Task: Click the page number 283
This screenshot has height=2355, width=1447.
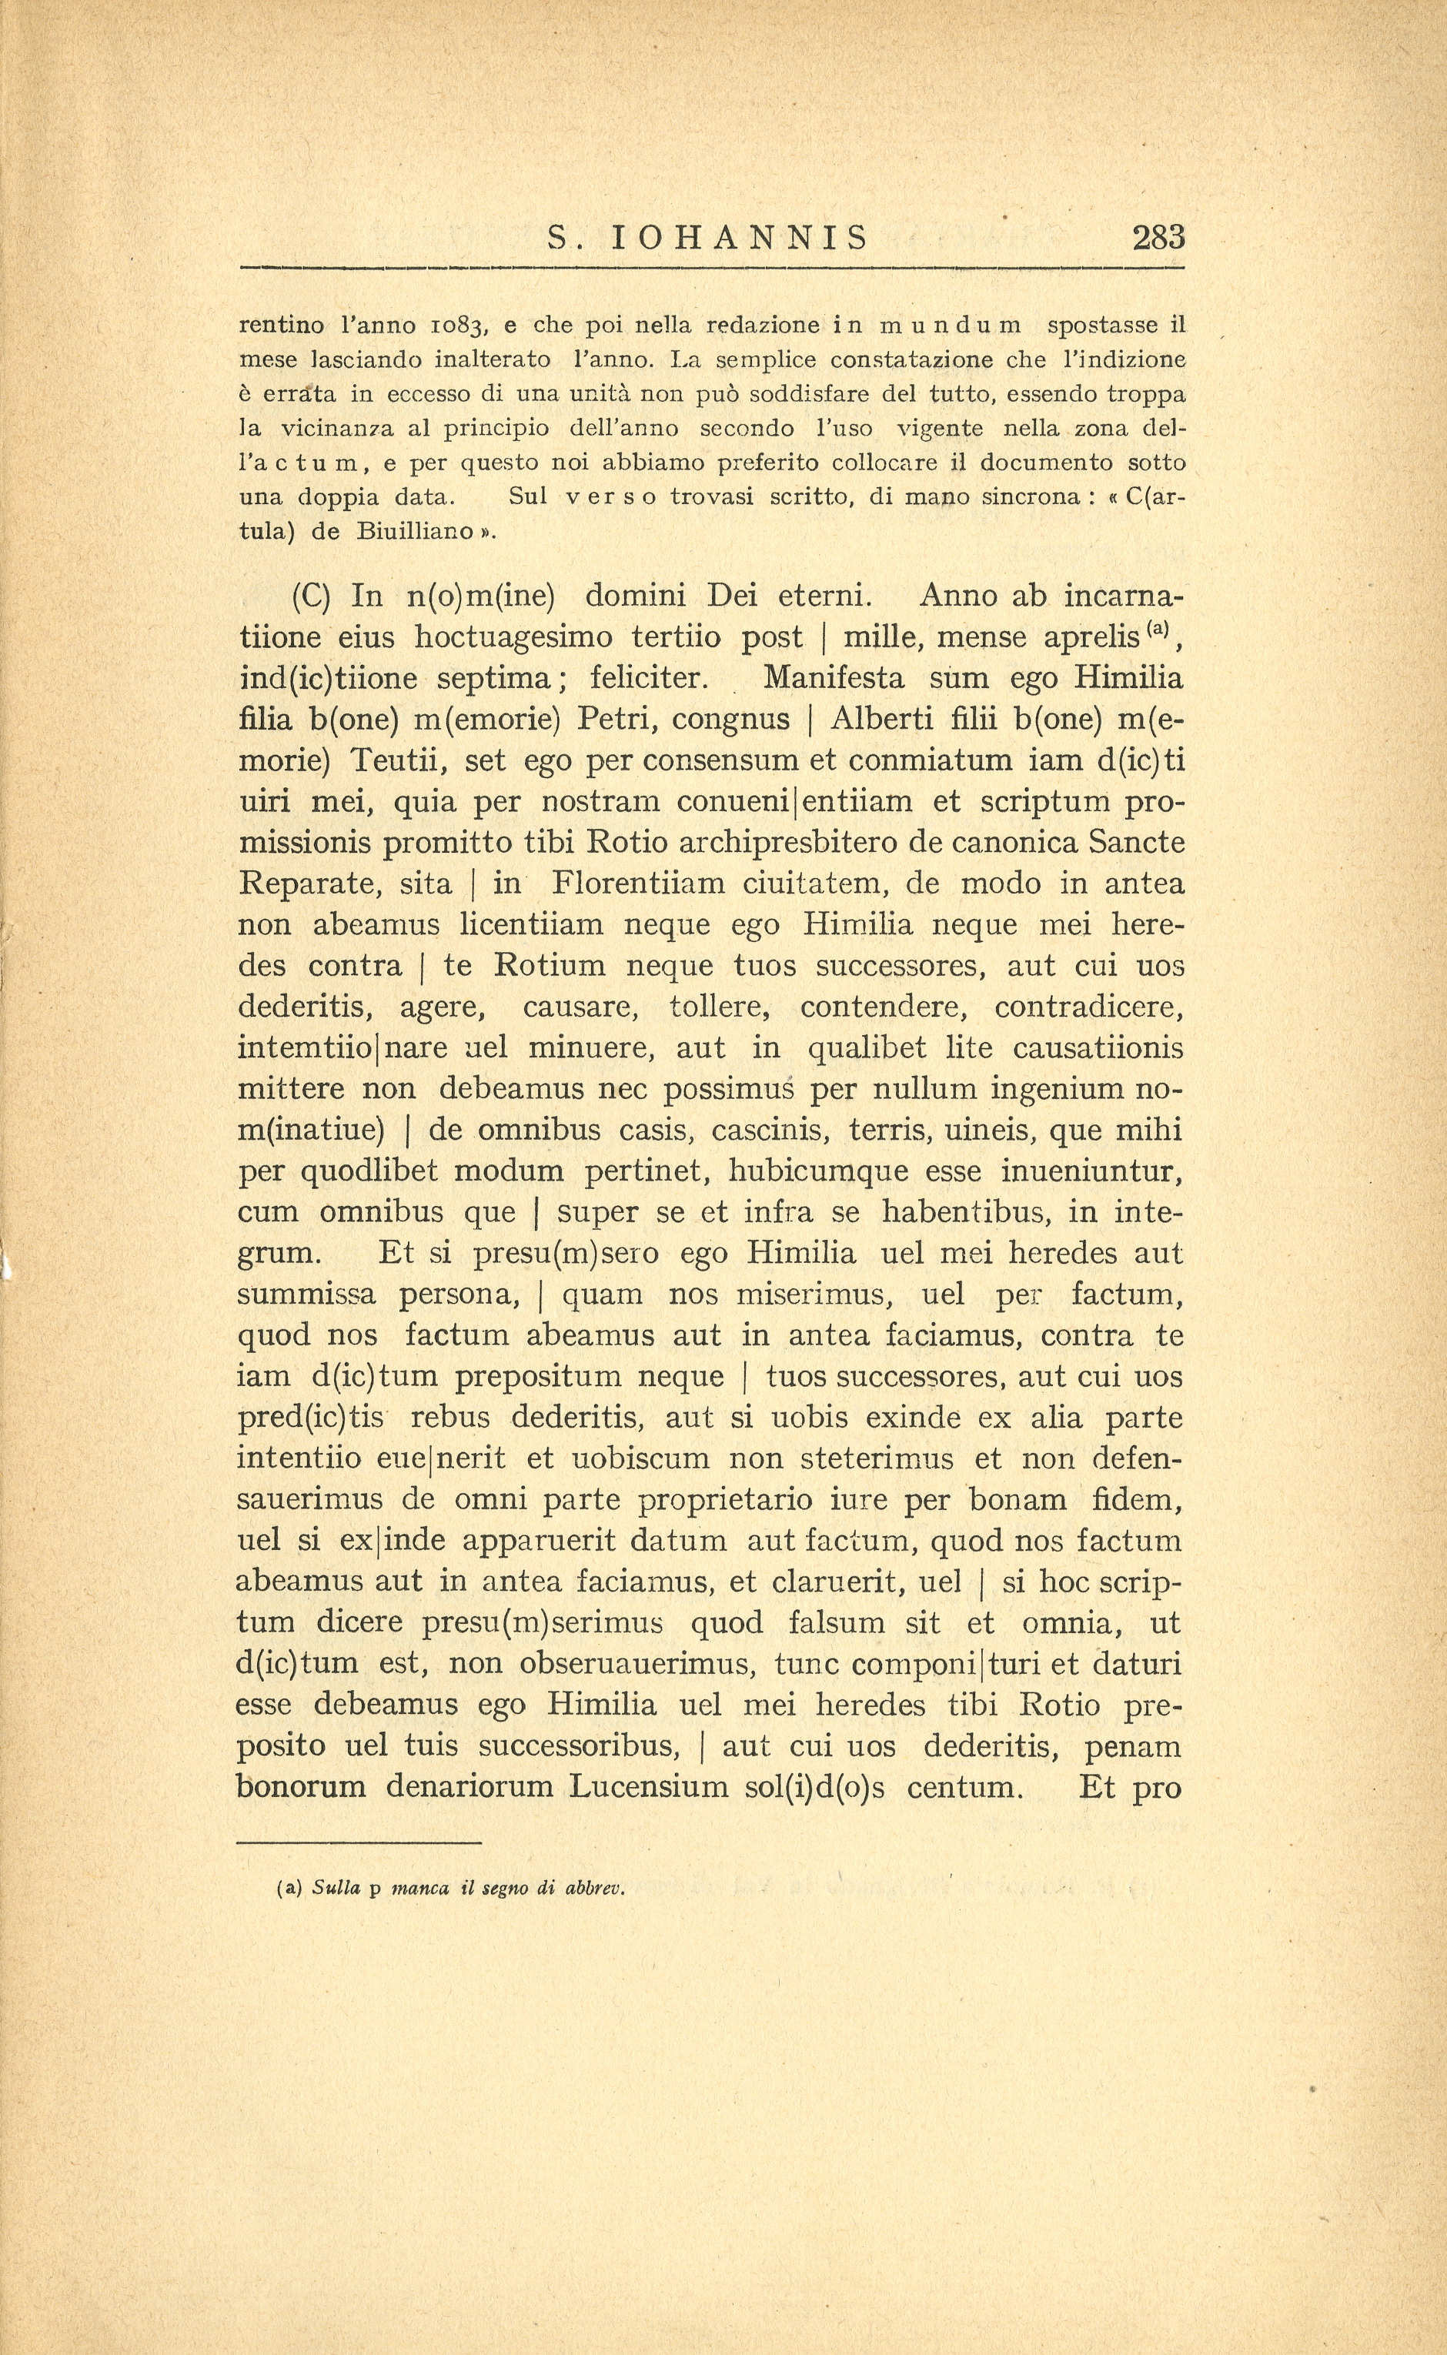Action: (x=1158, y=236)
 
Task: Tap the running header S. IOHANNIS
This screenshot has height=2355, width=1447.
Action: (x=708, y=237)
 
